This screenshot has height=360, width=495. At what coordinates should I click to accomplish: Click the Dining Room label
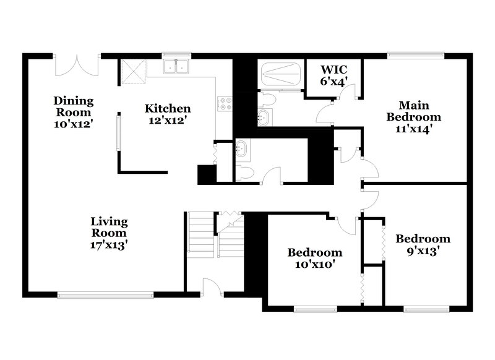click(x=73, y=111)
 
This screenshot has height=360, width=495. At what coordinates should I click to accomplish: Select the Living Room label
click(x=109, y=233)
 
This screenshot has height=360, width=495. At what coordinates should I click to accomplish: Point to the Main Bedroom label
click(x=413, y=116)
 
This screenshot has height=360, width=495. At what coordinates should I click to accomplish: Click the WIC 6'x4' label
click(x=334, y=75)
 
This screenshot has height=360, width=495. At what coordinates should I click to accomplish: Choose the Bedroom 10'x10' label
click(x=314, y=259)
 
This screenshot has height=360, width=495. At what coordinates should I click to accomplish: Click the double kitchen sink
click(x=177, y=66)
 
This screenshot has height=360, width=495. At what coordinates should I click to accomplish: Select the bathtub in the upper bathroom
click(x=280, y=75)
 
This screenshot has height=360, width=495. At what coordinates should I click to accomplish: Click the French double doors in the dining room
click(x=78, y=64)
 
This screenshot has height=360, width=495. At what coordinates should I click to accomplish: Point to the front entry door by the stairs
click(x=212, y=286)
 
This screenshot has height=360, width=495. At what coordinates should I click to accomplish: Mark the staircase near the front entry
click(x=201, y=235)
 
